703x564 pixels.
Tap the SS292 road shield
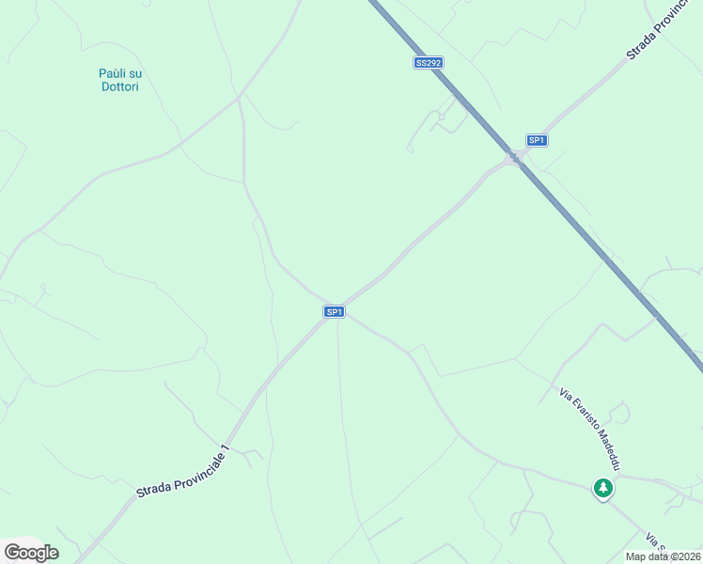[x=428, y=63]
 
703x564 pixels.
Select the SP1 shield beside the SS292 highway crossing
[x=536, y=140]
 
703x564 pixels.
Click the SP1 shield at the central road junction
[x=334, y=311]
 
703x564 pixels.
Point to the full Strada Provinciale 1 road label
[x=182, y=472]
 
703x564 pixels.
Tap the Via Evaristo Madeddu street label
[x=590, y=429]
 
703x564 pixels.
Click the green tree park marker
[x=602, y=489]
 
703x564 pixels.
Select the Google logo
[x=31, y=552]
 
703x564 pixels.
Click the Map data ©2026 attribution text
[x=663, y=556]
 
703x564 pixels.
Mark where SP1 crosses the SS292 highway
[x=514, y=157]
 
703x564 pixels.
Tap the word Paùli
[x=114, y=73]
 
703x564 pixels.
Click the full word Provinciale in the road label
[x=194, y=465]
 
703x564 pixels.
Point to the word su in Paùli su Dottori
[x=135, y=73]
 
